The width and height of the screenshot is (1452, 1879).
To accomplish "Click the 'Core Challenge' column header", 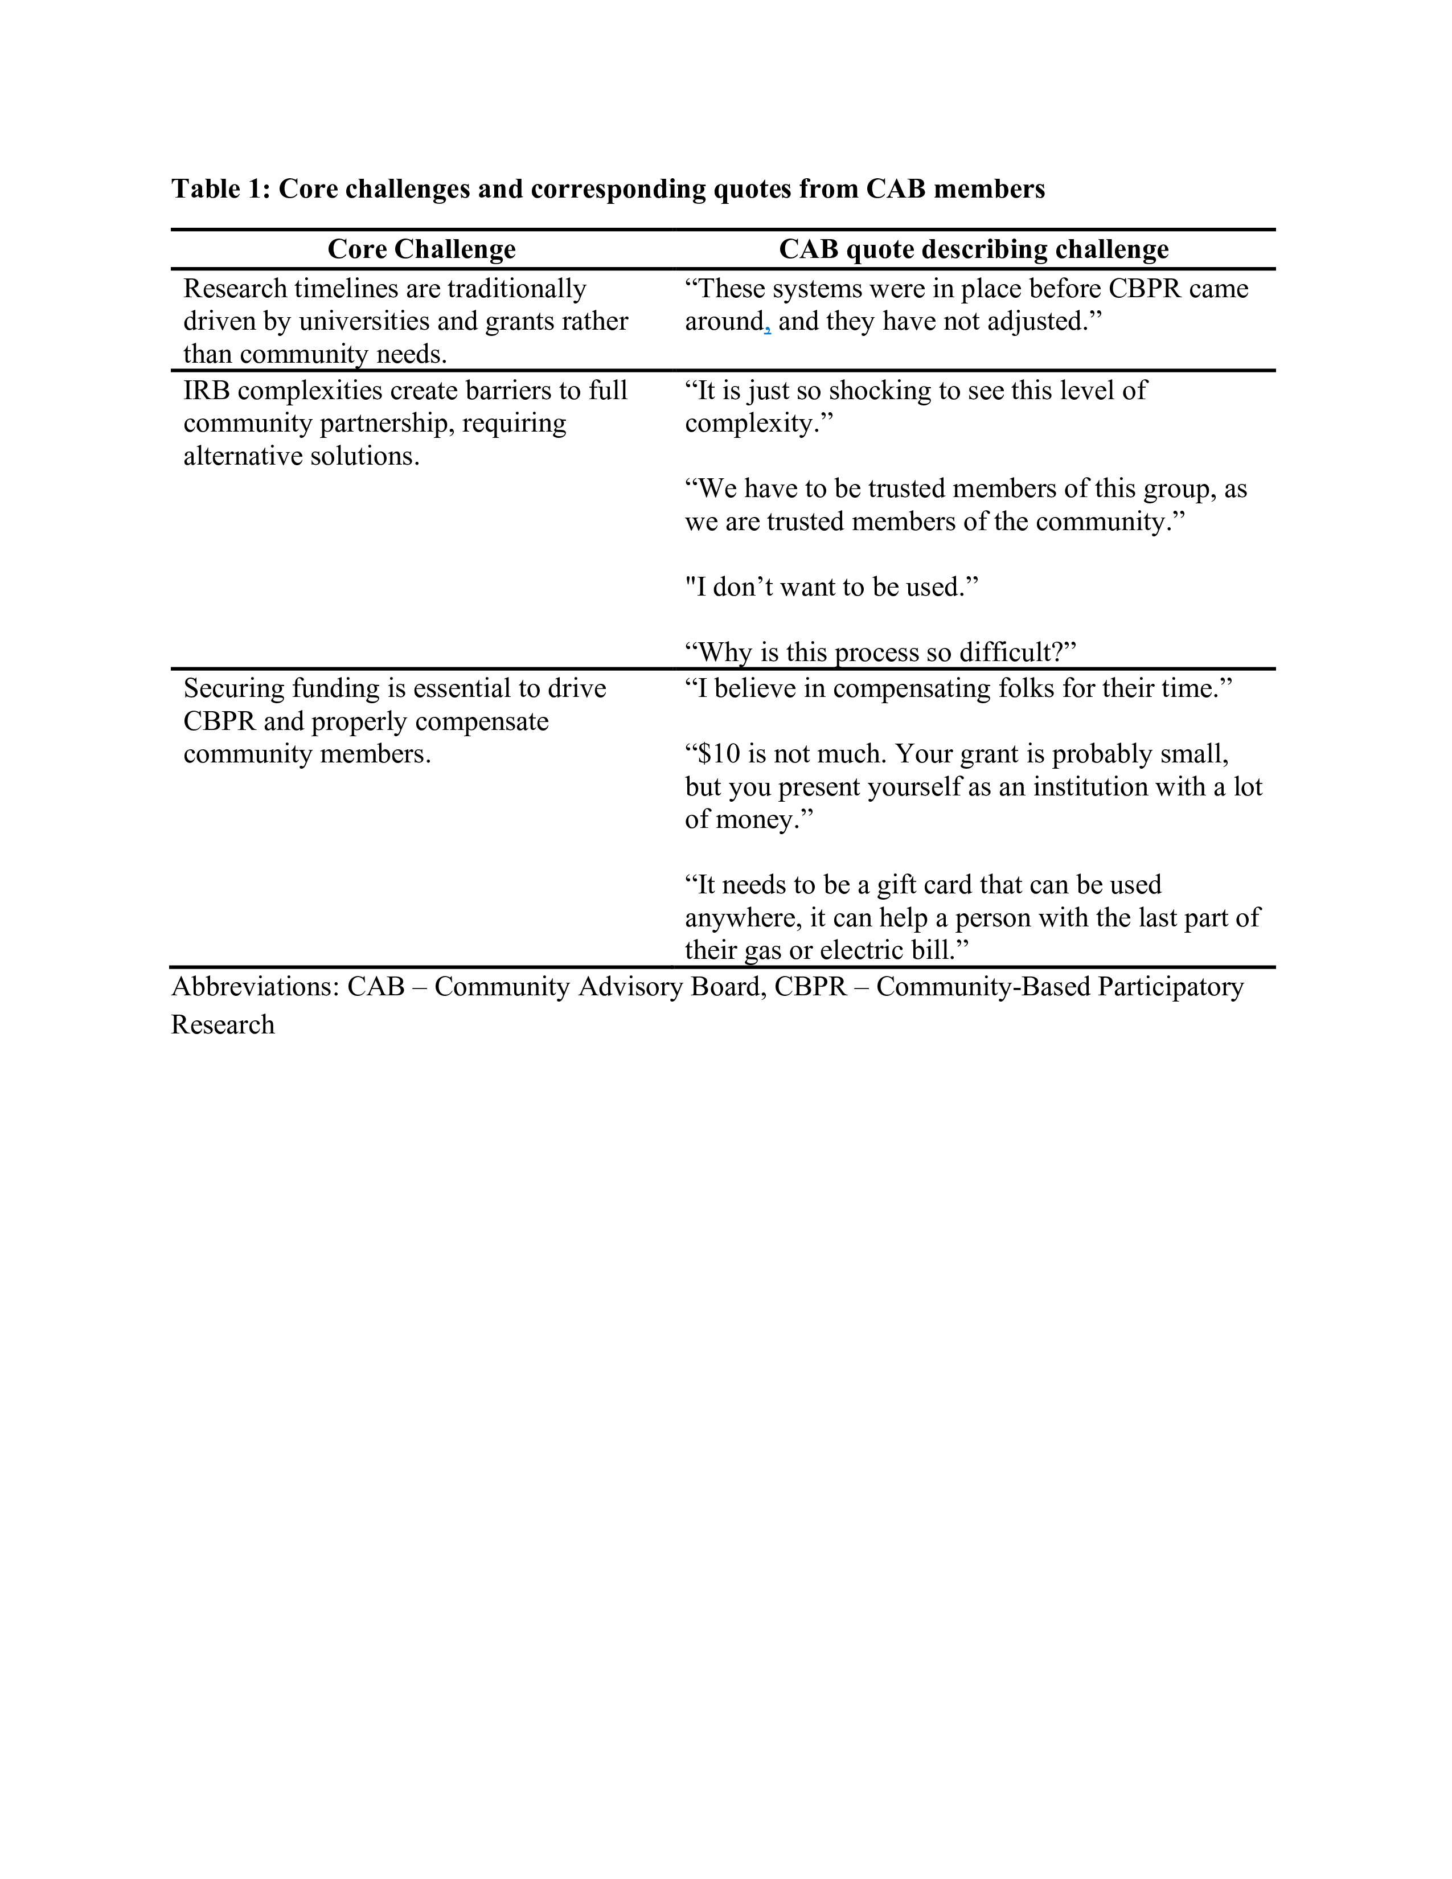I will (x=421, y=249).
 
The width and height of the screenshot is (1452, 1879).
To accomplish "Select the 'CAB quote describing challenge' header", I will (x=973, y=249).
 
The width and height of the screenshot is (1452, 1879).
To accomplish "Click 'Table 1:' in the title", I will (x=221, y=188).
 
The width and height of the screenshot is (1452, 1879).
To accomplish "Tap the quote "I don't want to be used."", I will (x=831, y=588).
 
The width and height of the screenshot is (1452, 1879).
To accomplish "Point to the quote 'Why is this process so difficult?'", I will (x=880, y=652).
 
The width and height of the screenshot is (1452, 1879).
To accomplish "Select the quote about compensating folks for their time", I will (x=958, y=688).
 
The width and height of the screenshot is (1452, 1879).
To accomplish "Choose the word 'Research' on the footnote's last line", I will (x=223, y=1025).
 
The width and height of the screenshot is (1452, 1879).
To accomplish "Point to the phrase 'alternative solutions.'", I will (x=301, y=456).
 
